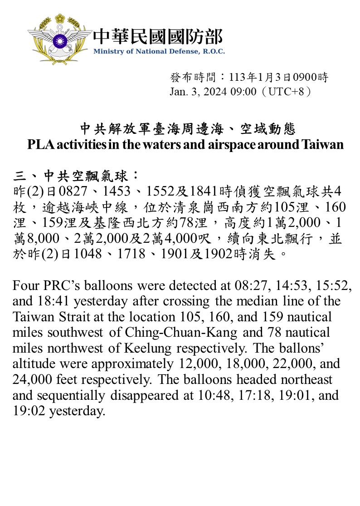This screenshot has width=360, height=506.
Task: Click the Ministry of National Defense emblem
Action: pos(59,38)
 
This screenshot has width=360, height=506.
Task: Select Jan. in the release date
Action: pos(178,92)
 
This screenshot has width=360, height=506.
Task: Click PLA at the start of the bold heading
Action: pos(38,145)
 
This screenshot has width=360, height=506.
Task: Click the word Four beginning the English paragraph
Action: pos(25,286)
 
